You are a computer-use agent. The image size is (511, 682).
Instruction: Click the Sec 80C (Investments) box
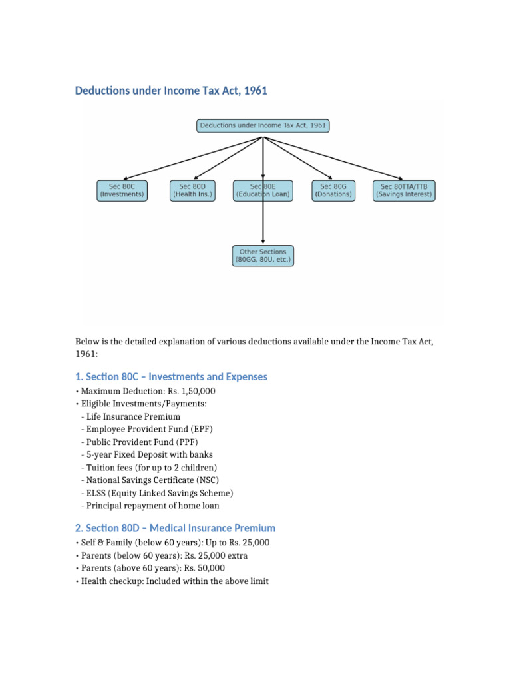click(122, 191)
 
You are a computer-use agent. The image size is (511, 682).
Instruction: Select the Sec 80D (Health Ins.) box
click(193, 191)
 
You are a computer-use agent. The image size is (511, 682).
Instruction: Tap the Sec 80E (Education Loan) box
click(263, 191)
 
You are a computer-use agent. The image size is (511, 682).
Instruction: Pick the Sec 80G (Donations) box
click(333, 191)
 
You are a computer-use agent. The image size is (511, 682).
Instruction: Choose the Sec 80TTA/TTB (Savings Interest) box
click(404, 191)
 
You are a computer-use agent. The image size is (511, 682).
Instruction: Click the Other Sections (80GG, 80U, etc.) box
click(263, 256)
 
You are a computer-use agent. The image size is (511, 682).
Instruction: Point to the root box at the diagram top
click(263, 125)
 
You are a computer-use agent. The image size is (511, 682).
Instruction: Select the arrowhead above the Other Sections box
click(263, 242)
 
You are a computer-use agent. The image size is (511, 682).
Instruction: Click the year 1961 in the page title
click(255, 91)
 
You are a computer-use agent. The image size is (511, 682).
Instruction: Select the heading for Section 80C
click(172, 377)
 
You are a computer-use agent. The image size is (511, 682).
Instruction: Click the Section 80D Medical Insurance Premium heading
click(176, 528)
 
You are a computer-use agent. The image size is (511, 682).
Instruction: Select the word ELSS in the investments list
click(98, 493)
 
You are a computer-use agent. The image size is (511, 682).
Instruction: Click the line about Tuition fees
click(152, 467)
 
